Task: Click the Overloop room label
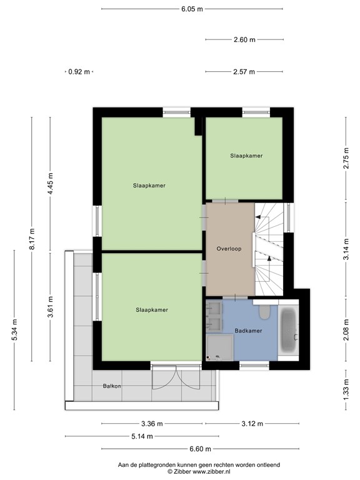[229, 248]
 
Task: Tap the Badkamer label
[248, 330]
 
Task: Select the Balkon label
[112, 386]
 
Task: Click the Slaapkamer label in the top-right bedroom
[246, 156]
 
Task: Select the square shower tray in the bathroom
[219, 347]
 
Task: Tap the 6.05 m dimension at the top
[192, 9]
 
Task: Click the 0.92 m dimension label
[79, 72]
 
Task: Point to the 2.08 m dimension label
[345, 329]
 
